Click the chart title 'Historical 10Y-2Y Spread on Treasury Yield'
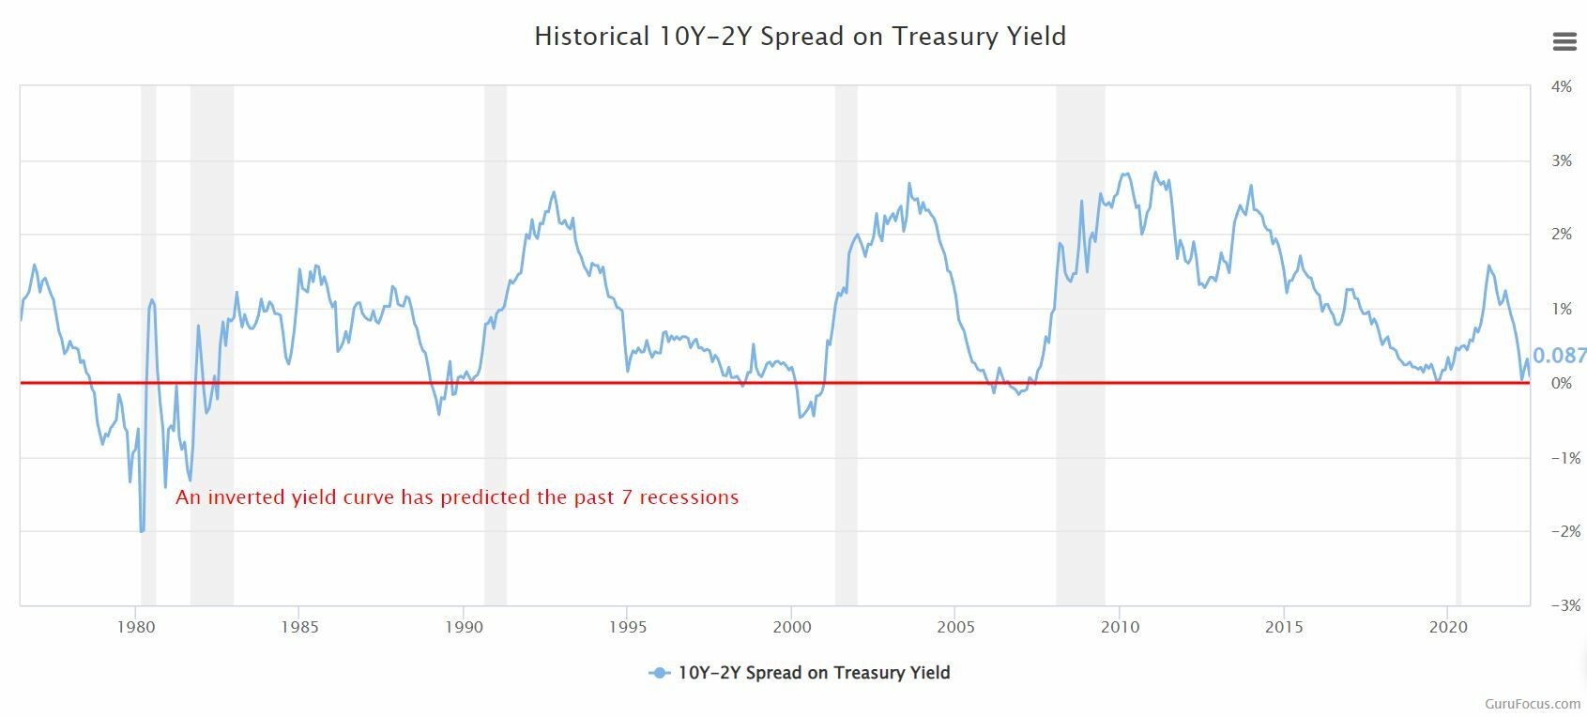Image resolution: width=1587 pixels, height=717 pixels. point(800,37)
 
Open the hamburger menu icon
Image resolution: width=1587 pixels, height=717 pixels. point(1564,41)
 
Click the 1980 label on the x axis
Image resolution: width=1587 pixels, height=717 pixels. point(135,627)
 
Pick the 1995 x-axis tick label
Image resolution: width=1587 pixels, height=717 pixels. point(627,627)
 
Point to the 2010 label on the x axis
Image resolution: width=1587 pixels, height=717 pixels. point(1119,627)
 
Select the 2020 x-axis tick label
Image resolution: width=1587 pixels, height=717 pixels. point(1447,627)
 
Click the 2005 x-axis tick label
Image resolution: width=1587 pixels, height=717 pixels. point(954,627)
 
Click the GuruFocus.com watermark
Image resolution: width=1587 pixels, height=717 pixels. point(1533,703)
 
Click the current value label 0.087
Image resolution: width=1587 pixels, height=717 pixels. point(1560,356)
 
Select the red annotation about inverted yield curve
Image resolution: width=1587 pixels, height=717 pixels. point(457,497)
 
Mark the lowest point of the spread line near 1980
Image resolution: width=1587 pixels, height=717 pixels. point(142,531)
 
